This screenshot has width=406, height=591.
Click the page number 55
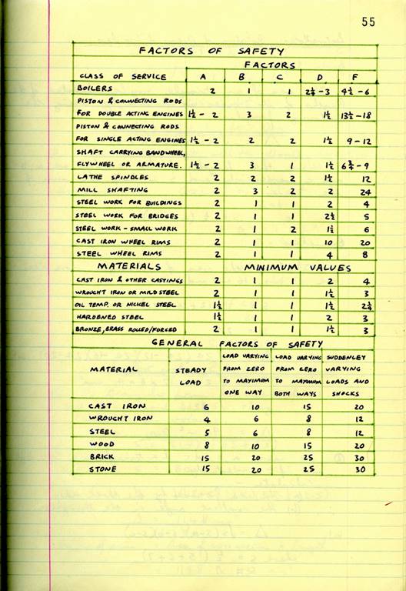(x=368, y=22)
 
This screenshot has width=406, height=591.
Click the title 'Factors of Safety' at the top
(x=211, y=51)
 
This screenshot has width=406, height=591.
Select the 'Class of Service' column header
(x=112, y=76)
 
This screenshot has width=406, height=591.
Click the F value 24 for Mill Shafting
(x=356, y=190)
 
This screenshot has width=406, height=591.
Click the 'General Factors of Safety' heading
(x=224, y=343)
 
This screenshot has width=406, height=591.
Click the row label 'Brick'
(x=104, y=456)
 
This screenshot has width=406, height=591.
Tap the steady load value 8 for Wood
(x=206, y=444)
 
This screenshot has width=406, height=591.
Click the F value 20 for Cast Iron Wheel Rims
(x=355, y=242)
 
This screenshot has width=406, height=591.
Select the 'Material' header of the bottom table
(x=113, y=369)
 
